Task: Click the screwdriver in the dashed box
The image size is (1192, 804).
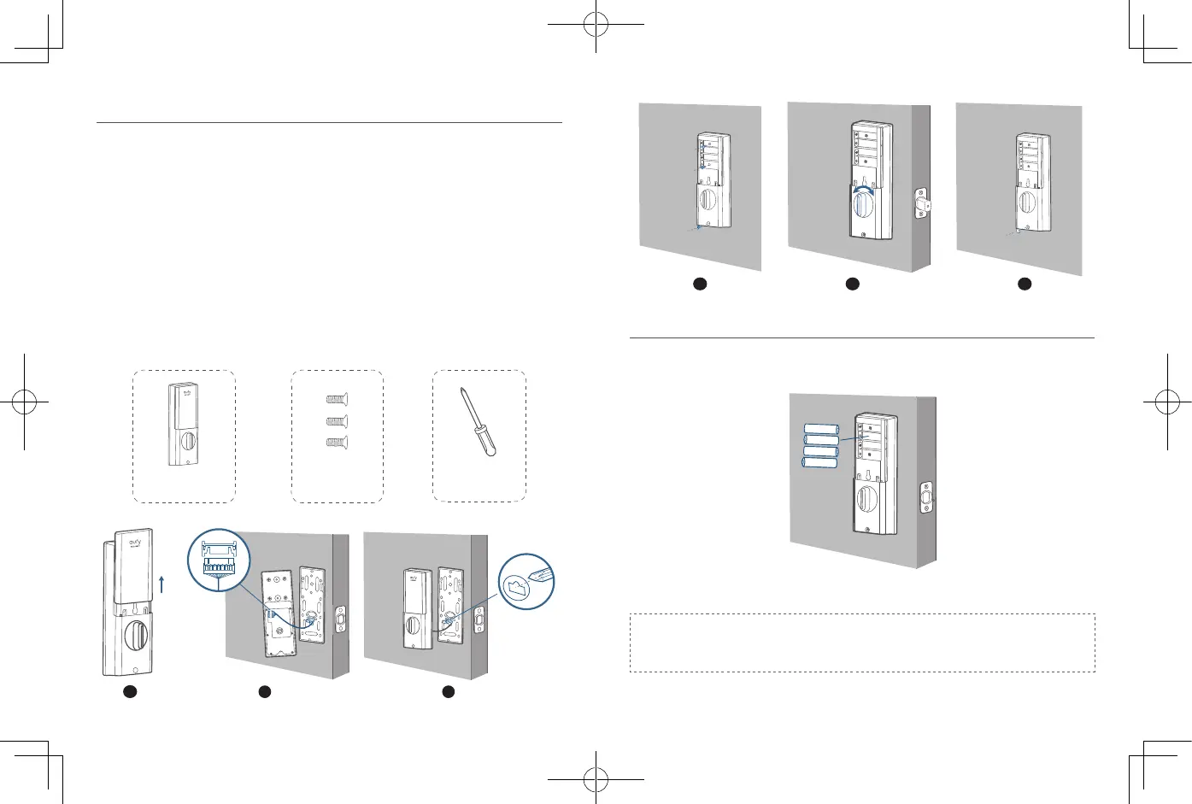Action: (478, 421)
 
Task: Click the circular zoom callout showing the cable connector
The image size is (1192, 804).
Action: (219, 560)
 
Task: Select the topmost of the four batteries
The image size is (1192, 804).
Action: (821, 429)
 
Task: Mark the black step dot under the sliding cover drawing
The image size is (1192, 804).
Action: (129, 691)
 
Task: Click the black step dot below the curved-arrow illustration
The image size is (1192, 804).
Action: (852, 284)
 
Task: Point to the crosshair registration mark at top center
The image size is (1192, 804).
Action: (596, 25)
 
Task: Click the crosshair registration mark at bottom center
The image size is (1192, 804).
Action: (596, 779)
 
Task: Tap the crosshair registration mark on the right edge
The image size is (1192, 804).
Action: (1167, 402)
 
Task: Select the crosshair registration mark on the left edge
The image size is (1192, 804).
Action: (24, 402)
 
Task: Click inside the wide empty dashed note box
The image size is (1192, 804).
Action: (862, 643)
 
